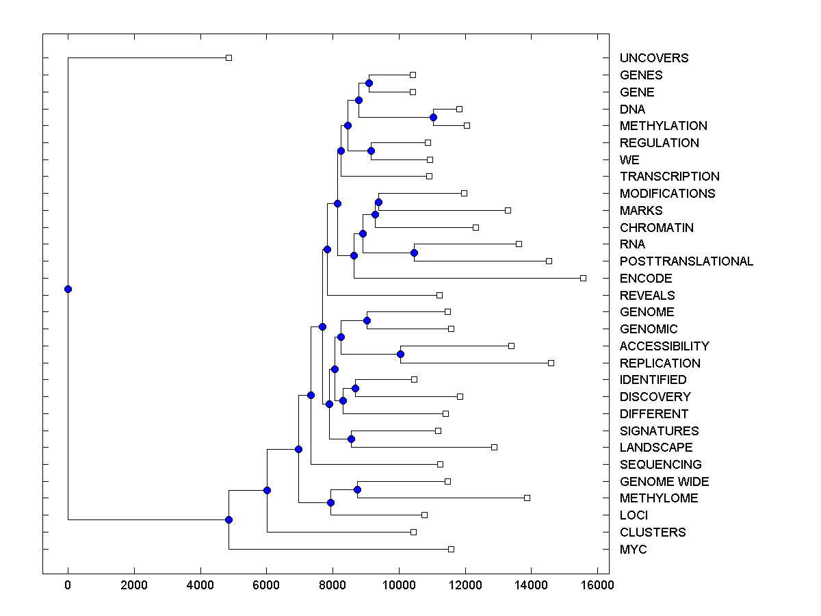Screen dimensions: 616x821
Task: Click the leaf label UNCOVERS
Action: [653, 58]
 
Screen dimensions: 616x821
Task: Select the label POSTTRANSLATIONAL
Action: [686, 261]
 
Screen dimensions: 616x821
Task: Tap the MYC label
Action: [633, 550]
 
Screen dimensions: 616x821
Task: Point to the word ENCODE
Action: [646, 279]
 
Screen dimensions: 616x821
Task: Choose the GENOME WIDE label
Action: [664, 482]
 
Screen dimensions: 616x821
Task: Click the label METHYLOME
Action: [658, 498]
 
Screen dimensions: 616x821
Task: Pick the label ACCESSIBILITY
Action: [664, 346]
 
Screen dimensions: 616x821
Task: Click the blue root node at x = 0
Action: [68, 289]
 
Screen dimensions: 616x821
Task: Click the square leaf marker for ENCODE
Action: [583, 278]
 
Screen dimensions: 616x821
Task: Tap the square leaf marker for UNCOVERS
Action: [229, 58]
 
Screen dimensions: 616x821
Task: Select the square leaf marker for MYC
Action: [451, 549]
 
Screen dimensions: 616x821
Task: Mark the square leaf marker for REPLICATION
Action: [551, 363]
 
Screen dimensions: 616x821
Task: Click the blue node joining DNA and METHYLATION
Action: [433, 117]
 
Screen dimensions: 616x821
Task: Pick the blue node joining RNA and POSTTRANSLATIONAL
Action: [414, 253]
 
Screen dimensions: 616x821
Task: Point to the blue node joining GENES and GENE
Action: [369, 84]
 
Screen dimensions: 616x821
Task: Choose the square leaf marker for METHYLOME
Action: [527, 498]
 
